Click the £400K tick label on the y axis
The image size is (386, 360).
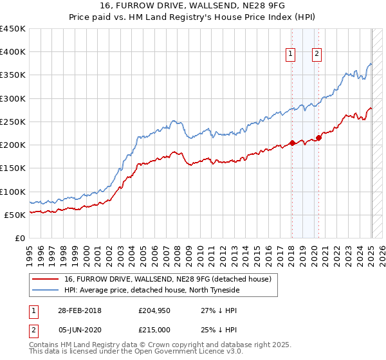[x=12, y=52]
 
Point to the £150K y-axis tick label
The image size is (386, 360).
[x=12, y=168]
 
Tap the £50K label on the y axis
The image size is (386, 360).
[x=15, y=215]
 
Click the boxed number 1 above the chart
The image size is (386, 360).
[x=291, y=55]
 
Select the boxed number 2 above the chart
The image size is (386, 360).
[x=318, y=55]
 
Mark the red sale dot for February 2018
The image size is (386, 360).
[x=292, y=143]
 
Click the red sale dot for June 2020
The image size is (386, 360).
[x=318, y=138]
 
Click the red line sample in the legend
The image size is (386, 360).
[x=45, y=279]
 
